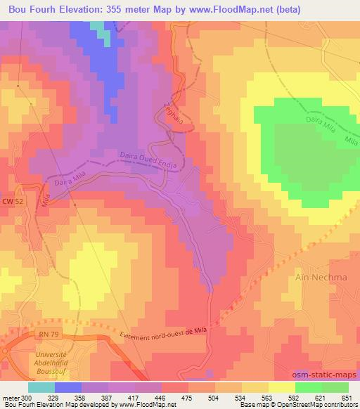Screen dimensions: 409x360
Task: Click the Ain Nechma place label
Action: (318, 277)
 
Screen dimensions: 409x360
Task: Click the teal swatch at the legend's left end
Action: (41, 387)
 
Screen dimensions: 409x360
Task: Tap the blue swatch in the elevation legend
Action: (68, 387)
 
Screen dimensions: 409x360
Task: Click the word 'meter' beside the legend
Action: (9, 398)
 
